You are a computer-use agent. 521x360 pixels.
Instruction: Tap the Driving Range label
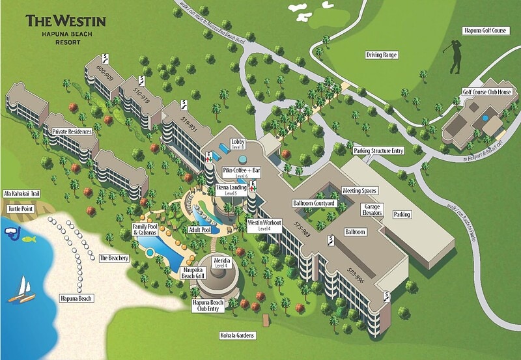pos(382,55)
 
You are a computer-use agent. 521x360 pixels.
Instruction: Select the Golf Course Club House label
pos(485,93)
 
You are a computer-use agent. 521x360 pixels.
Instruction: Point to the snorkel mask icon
pos(11,232)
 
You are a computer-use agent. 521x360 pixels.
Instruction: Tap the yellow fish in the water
pos(29,240)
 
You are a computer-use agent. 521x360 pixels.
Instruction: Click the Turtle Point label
pos(20,210)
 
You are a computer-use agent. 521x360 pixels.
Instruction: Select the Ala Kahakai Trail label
pos(21,193)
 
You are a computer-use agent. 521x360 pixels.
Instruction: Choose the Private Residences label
pos(72,132)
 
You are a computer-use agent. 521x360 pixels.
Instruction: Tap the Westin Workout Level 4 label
pos(264,225)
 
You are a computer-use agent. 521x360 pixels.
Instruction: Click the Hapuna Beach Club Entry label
pos(208,306)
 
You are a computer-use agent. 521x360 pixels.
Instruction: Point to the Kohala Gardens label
pos(238,336)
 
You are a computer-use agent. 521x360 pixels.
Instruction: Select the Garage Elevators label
pos(373,209)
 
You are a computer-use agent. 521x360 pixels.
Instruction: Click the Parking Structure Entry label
pos(379,151)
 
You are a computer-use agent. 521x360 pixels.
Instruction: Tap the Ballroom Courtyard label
pos(314,204)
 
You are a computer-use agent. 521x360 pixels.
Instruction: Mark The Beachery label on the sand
pos(114,258)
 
